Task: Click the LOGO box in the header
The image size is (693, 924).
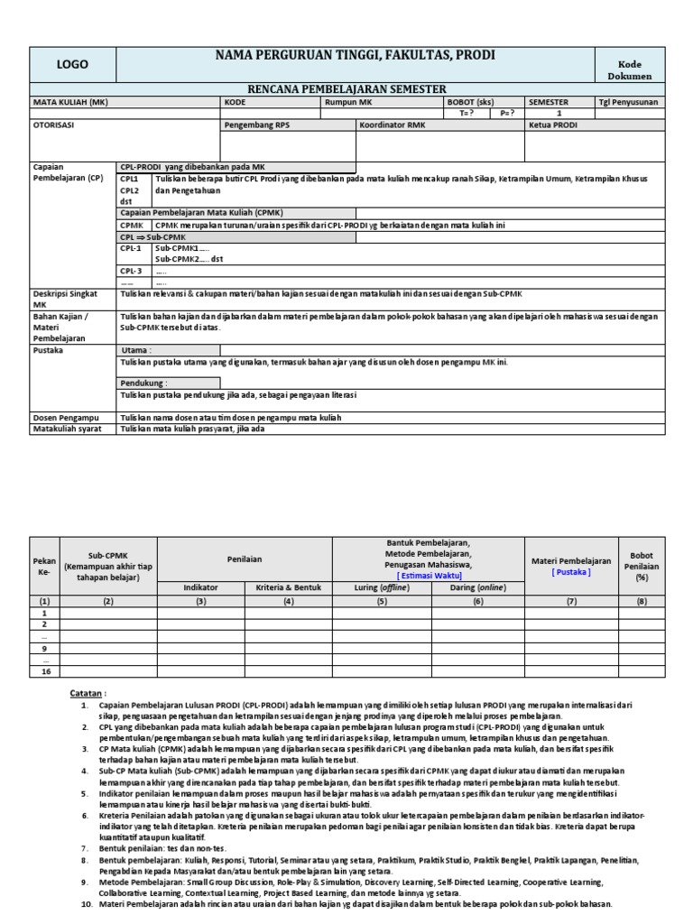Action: tap(73, 65)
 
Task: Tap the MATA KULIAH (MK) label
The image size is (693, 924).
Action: tap(70, 102)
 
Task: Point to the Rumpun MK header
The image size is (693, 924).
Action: tap(348, 102)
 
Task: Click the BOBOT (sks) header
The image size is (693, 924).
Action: tap(471, 102)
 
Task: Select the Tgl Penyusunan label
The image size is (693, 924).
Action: tap(628, 102)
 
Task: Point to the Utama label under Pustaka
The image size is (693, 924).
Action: tap(137, 350)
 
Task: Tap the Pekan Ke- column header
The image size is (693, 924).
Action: tap(42, 565)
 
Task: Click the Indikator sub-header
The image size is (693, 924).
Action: tap(200, 587)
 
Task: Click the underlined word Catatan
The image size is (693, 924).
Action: tap(88, 690)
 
